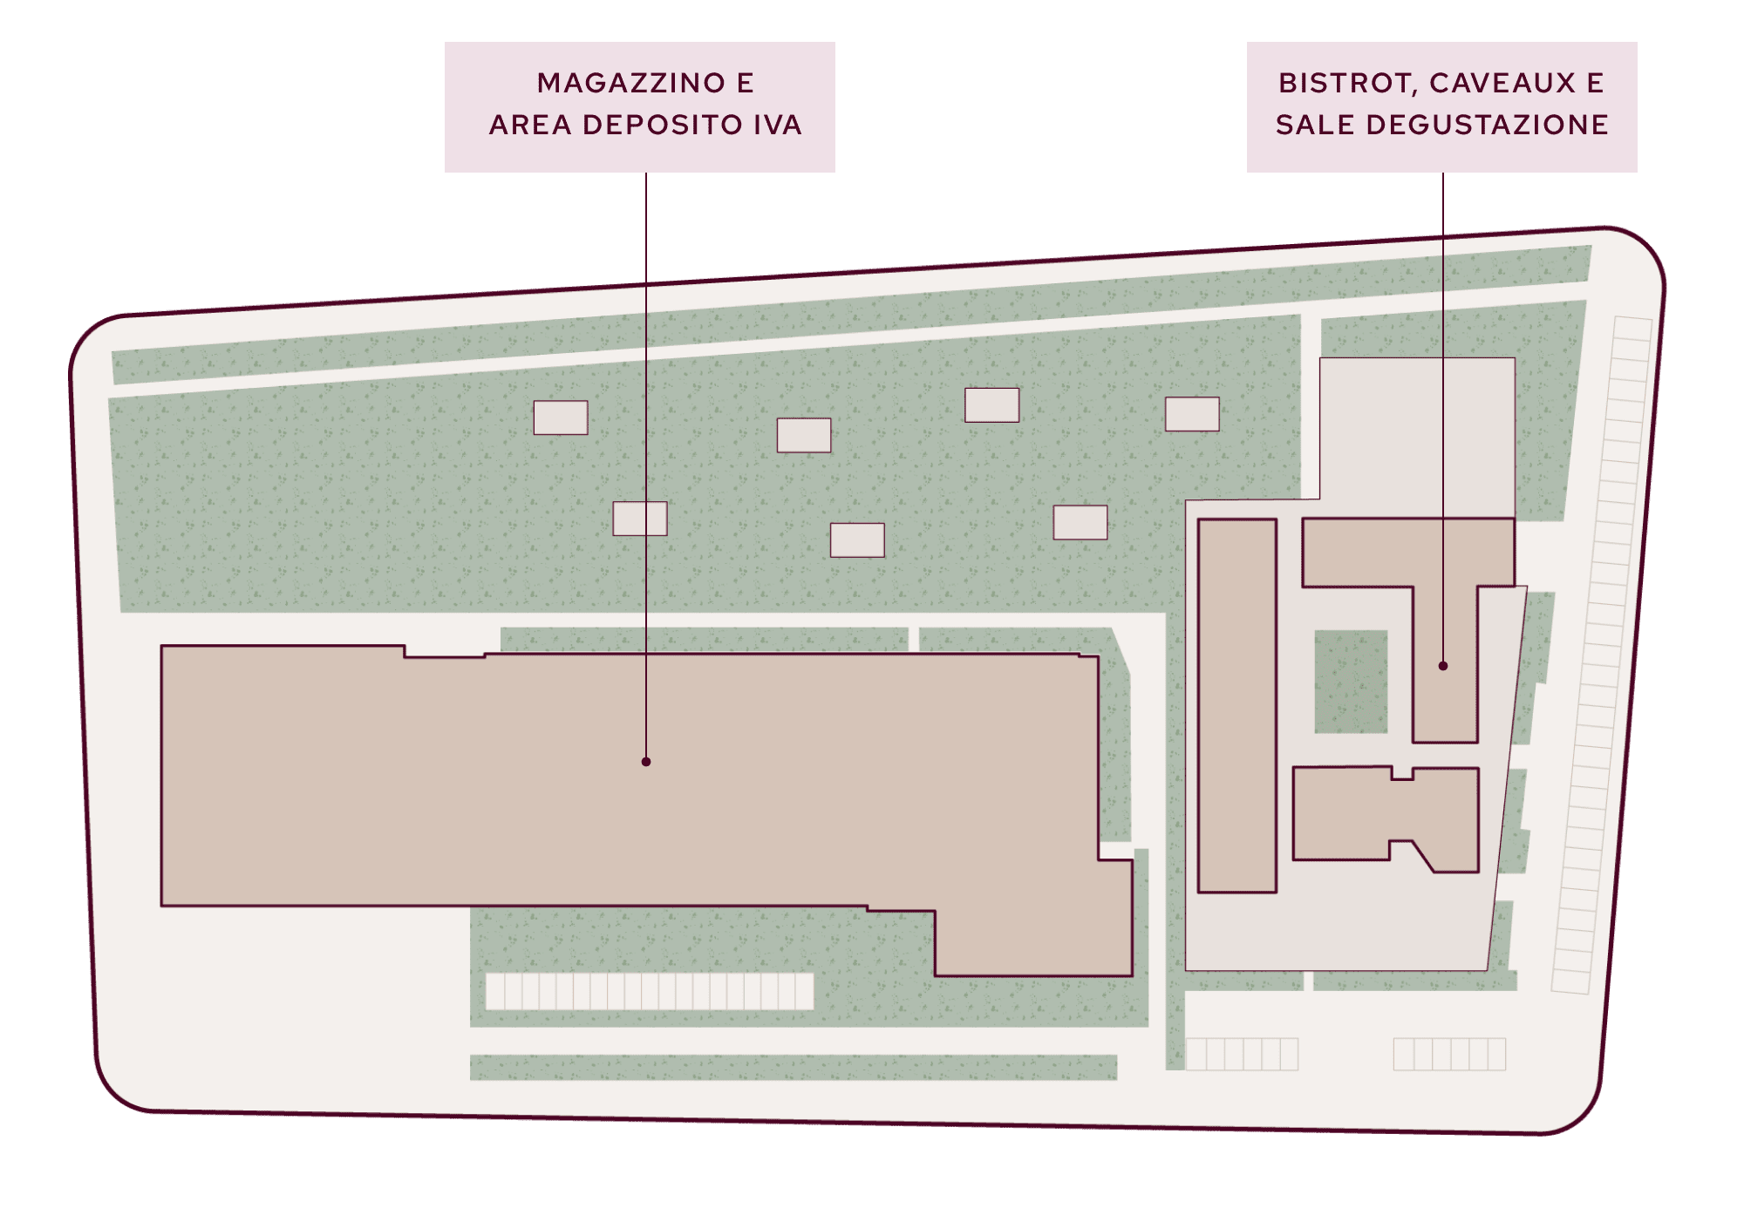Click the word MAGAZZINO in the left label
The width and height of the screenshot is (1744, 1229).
tap(631, 83)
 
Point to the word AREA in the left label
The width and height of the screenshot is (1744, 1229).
tap(530, 125)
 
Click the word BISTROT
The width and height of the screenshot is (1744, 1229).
tap(1348, 84)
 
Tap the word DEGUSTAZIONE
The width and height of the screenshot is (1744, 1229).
tap(1487, 125)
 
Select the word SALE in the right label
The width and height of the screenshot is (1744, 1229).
tap(1315, 125)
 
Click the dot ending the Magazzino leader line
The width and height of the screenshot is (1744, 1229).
tap(646, 762)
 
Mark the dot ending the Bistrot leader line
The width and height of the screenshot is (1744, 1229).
tap(1443, 666)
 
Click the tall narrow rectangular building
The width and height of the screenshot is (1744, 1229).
tap(1237, 706)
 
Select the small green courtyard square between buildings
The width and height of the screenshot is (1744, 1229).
tap(1351, 682)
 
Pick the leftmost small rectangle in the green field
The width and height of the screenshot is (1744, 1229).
tap(561, 418)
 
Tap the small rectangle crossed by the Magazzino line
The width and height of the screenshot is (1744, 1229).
tap(640, 519)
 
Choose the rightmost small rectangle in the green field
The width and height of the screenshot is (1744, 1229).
tap(1192, 414)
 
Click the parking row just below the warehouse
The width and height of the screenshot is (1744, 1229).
tap(650, 991)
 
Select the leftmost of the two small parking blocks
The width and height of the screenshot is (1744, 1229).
tap(1242, 1054)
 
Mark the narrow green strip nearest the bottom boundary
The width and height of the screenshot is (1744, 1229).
tap(794, 1068)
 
